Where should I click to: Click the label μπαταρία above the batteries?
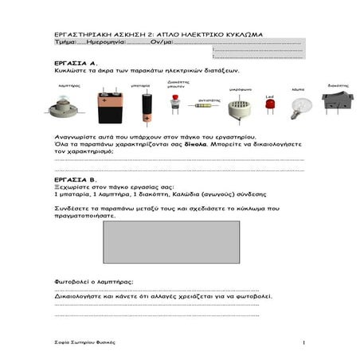click(x=119, y=84)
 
